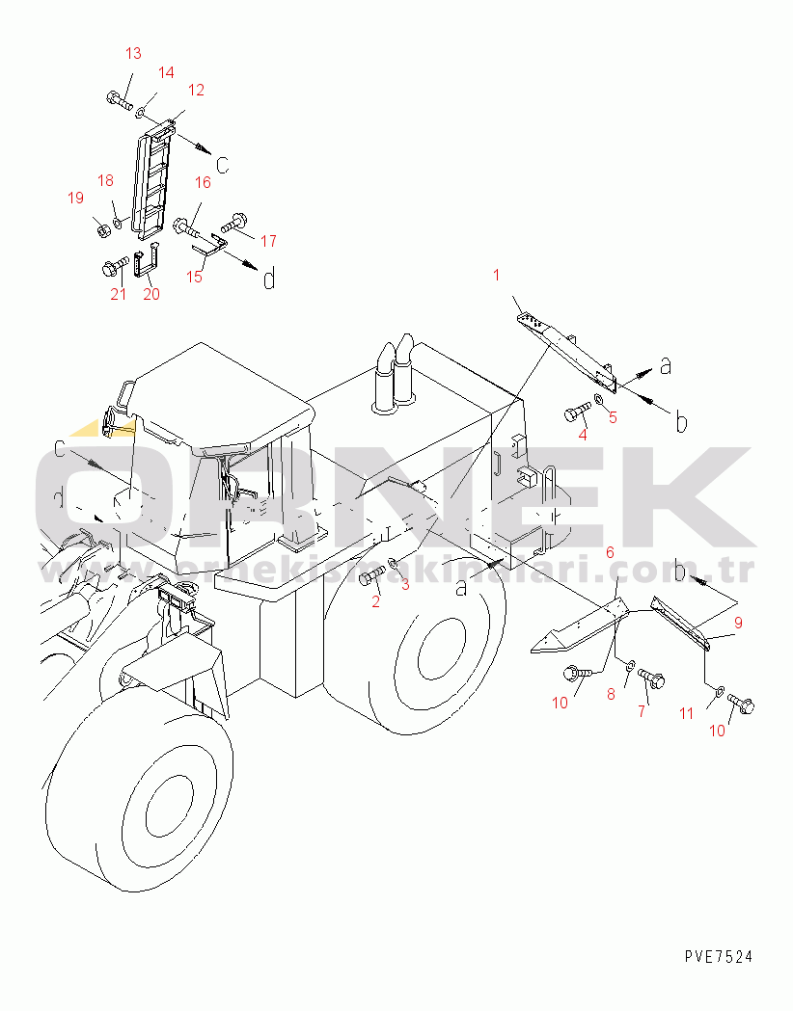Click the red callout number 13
[x=133, y=53]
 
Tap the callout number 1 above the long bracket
[x=496, y=276]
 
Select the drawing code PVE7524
[x=719, y=956]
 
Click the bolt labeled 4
[x=578, y=411]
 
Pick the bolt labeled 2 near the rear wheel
[x=372, y=574]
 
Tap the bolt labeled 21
[x=116, y=266]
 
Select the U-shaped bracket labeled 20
[x=147, y=260]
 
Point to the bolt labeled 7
[x=651, y=678]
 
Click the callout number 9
[x=738, y=623]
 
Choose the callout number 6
[x=610, y=553]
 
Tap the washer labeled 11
[x=718, y=693]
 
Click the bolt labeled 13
[x=120, y=100]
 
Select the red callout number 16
[x=203, y=182]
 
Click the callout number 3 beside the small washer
[x=405, y=585]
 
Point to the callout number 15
[x=194, y=277]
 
